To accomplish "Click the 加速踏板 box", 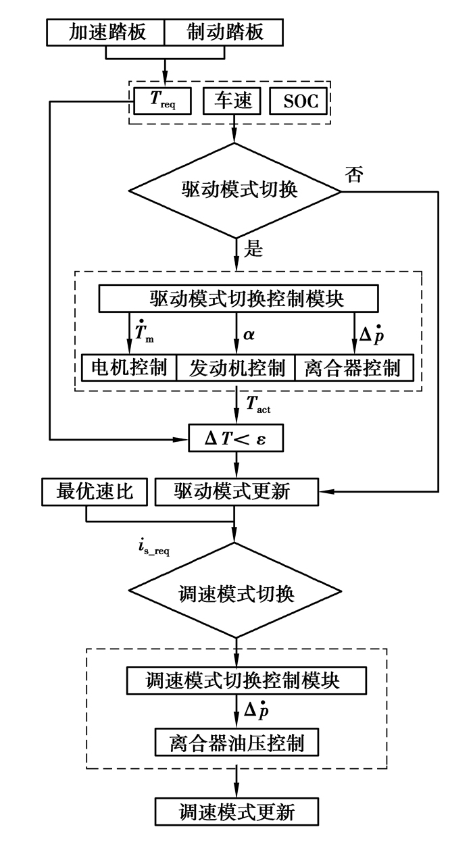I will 107,32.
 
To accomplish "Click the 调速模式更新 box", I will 236,811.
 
